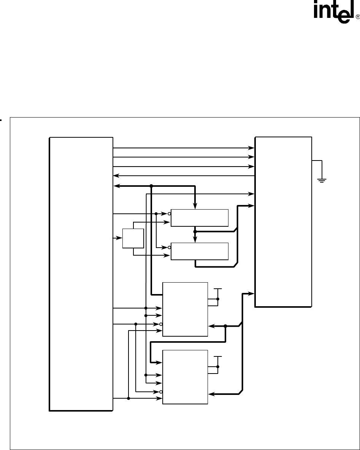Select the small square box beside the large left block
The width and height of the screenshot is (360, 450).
133,239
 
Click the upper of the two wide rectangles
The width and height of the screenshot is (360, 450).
200,218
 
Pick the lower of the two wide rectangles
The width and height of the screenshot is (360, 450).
200,251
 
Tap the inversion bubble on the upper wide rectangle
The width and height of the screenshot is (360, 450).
169,214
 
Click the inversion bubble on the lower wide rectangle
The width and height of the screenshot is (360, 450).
169,247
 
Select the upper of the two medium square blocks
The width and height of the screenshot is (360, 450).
185,309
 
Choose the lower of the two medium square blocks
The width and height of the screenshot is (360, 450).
185,377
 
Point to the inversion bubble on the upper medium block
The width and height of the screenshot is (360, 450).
161,324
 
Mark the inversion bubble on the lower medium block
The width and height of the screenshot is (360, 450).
161,391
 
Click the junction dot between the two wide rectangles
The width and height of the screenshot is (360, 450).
195,231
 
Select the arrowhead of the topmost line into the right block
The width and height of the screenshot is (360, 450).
252,147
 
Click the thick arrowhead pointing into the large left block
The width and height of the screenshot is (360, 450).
116,186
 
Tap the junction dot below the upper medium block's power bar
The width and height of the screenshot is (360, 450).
218,299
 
